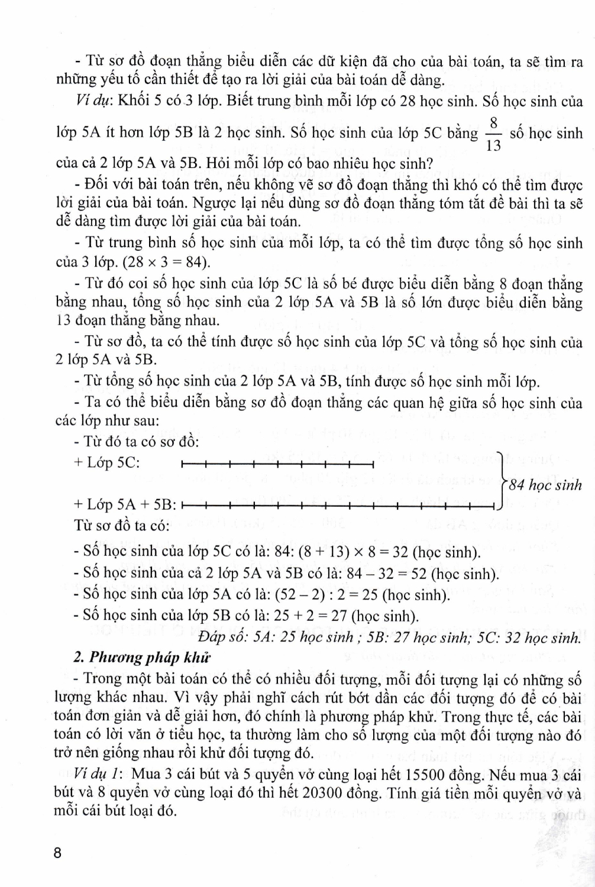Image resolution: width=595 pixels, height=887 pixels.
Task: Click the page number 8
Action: click(x=57, y=854)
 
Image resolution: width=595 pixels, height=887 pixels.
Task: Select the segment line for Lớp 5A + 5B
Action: click(x=337, y=506)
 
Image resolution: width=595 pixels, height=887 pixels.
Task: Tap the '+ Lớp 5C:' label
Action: click(x=107, y=463)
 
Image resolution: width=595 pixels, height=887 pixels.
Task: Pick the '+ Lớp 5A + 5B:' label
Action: click(x=125, y=505)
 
